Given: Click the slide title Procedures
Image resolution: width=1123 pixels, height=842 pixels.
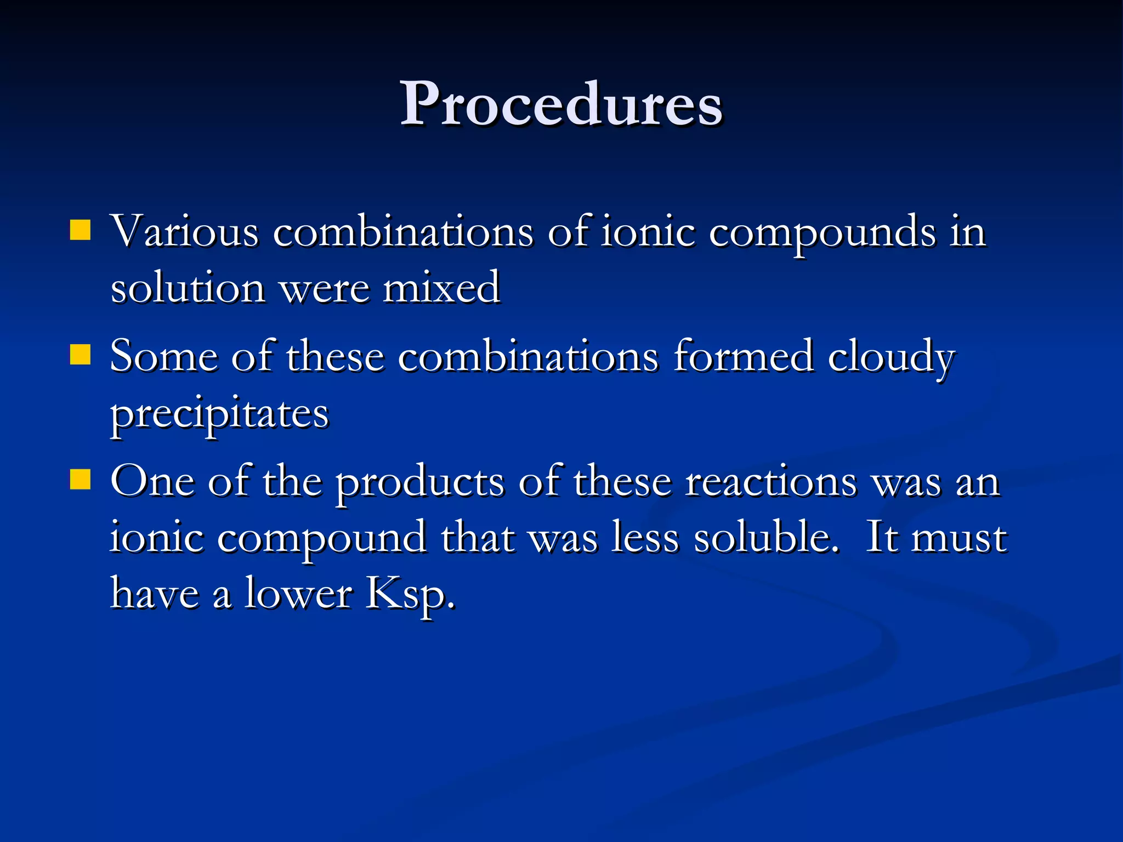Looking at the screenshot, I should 561,104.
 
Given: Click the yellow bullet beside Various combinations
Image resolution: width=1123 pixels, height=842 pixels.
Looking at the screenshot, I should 80,231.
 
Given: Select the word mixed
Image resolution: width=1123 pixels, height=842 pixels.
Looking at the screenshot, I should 441,287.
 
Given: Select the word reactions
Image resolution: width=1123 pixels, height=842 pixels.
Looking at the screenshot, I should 771,481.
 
